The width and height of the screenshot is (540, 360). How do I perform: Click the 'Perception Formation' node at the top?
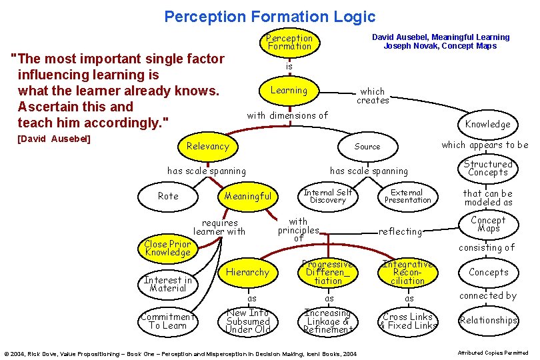click(289, 43)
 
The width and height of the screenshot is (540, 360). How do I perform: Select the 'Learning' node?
click(289, 91)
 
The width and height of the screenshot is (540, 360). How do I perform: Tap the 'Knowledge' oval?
click(487, 124)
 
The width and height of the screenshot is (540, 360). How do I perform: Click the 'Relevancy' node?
click(207, 146)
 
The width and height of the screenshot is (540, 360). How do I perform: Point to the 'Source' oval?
click(367, 147)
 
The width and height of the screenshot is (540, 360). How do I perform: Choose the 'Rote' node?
click(168, 196)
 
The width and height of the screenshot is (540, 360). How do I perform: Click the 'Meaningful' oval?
click(248, 196)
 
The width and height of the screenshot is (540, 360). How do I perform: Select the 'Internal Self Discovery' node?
click(328, 195)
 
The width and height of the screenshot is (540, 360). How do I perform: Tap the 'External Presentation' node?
click(407, 195)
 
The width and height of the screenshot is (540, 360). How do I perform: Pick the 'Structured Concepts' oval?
click(488, 168)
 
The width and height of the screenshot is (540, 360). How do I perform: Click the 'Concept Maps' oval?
click(488, 225)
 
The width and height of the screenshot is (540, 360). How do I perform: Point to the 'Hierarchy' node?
click(247, 272)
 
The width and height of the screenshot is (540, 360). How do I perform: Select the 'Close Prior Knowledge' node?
click(167, 249)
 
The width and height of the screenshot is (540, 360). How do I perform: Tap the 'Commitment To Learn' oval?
click(168, 321)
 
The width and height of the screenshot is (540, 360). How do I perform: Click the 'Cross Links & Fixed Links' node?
click(408, 321)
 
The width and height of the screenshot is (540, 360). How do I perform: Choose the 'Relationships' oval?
click(488, 321)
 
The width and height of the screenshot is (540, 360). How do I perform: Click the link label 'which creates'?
click(373, 96)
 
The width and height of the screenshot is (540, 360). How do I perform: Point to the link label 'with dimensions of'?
click(287, 115)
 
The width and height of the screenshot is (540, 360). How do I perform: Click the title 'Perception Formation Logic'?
click(270, 17)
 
